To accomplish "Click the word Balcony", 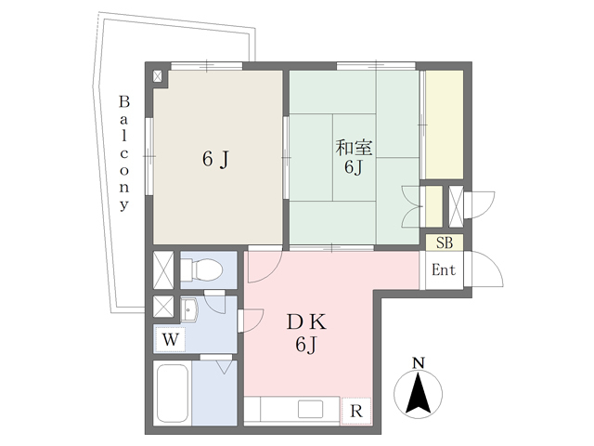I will coord(123,152).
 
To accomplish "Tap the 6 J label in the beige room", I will coord(215,160).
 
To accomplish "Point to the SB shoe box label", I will coord(445,243).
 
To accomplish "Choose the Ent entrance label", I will coord(445,270).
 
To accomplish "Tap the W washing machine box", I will coord(169,339).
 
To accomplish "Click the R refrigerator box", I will coord(355,410).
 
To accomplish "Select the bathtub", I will coord(174,395).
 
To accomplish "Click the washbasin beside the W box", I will coord(189,310).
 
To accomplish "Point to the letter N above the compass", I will coord(419,361).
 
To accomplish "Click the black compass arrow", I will coord(419,393).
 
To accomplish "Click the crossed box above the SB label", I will coord(456,206).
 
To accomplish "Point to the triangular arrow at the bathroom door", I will coord(223,367).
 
